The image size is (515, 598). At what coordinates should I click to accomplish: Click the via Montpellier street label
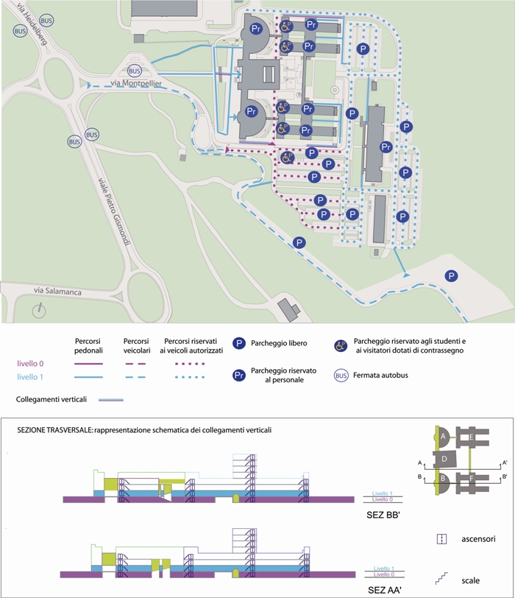point(136,82)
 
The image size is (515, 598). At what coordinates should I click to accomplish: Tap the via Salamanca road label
point(57,291)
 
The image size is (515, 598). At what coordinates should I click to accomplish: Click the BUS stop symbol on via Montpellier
point(134,71)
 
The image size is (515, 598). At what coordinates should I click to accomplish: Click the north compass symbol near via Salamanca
point(39,311)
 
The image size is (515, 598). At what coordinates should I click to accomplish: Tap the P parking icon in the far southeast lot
point(452,275)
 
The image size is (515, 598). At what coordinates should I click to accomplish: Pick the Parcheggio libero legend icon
point(239,343)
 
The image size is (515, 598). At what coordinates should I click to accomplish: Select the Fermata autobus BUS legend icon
point(341,376)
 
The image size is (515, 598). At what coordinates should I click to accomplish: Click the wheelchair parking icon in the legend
point(341,346)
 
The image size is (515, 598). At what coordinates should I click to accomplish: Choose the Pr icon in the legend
point(239,376)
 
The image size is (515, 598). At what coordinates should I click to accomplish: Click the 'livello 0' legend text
point(30,364)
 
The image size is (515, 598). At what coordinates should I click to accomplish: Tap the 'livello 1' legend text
point(29,377)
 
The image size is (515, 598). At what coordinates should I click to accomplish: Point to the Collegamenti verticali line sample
point(111,400)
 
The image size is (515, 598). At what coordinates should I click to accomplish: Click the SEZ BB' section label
point(383,515)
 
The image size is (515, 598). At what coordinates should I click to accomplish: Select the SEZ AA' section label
point(385,590)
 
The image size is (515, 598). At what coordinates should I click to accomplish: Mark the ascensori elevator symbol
point(441,539)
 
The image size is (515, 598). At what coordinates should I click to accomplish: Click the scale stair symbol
point(441,579)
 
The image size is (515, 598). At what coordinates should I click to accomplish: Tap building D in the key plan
point(444,460)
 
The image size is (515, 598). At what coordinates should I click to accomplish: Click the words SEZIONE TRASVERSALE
point(54,430)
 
